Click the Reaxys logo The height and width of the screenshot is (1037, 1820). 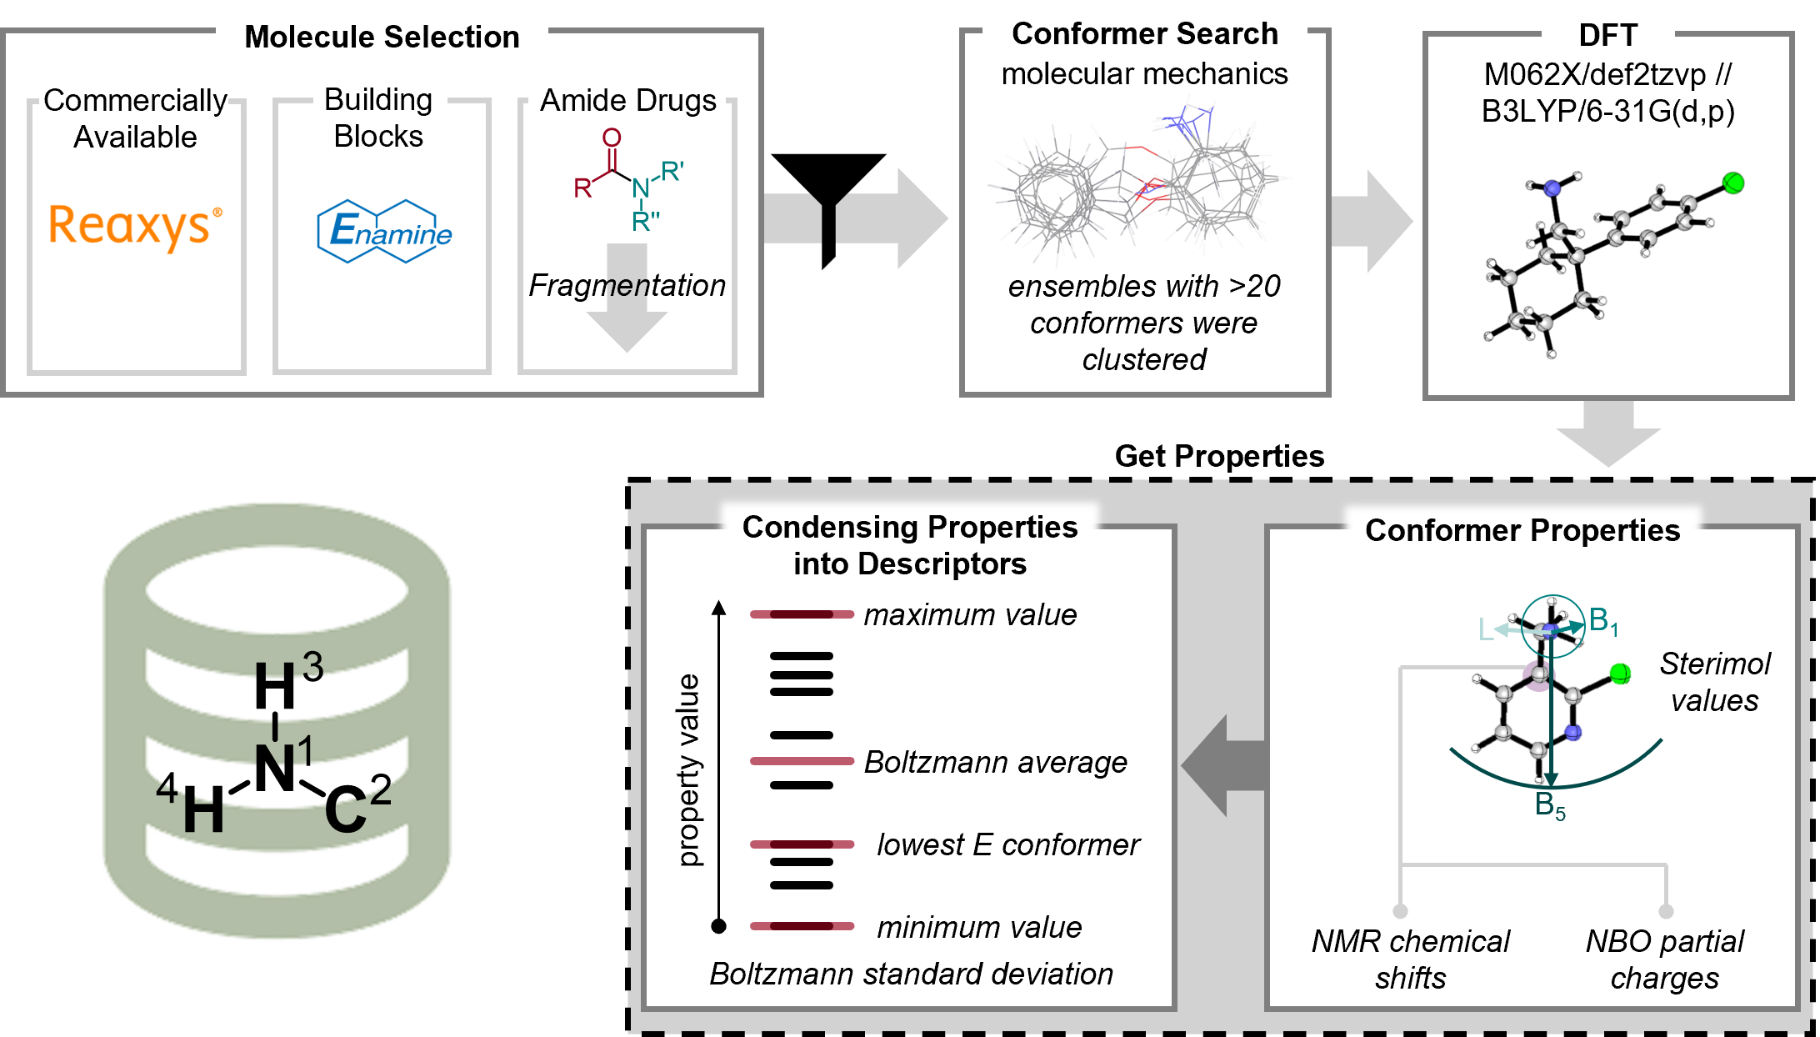135,230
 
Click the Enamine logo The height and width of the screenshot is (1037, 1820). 385,232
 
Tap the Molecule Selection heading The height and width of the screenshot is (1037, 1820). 382,37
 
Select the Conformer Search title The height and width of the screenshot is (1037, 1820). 1144,33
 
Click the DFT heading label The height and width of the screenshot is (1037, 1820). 1607,35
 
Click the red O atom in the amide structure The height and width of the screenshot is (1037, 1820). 612,138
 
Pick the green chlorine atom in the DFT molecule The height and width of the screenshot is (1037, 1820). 1732,183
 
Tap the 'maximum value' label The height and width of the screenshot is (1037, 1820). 970,615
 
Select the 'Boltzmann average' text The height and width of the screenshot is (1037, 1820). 995,762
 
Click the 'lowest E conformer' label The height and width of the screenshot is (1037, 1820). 1007,845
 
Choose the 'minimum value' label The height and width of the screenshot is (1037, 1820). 979,927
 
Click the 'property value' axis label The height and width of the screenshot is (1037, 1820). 689,770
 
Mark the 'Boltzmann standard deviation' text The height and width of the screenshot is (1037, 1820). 911,974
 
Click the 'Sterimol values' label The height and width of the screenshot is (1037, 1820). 1714,682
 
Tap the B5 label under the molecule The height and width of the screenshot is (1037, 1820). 1550,806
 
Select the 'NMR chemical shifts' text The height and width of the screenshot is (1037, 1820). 1410,959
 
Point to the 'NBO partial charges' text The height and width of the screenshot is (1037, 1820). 1664,959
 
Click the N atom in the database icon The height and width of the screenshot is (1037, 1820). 275,769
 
